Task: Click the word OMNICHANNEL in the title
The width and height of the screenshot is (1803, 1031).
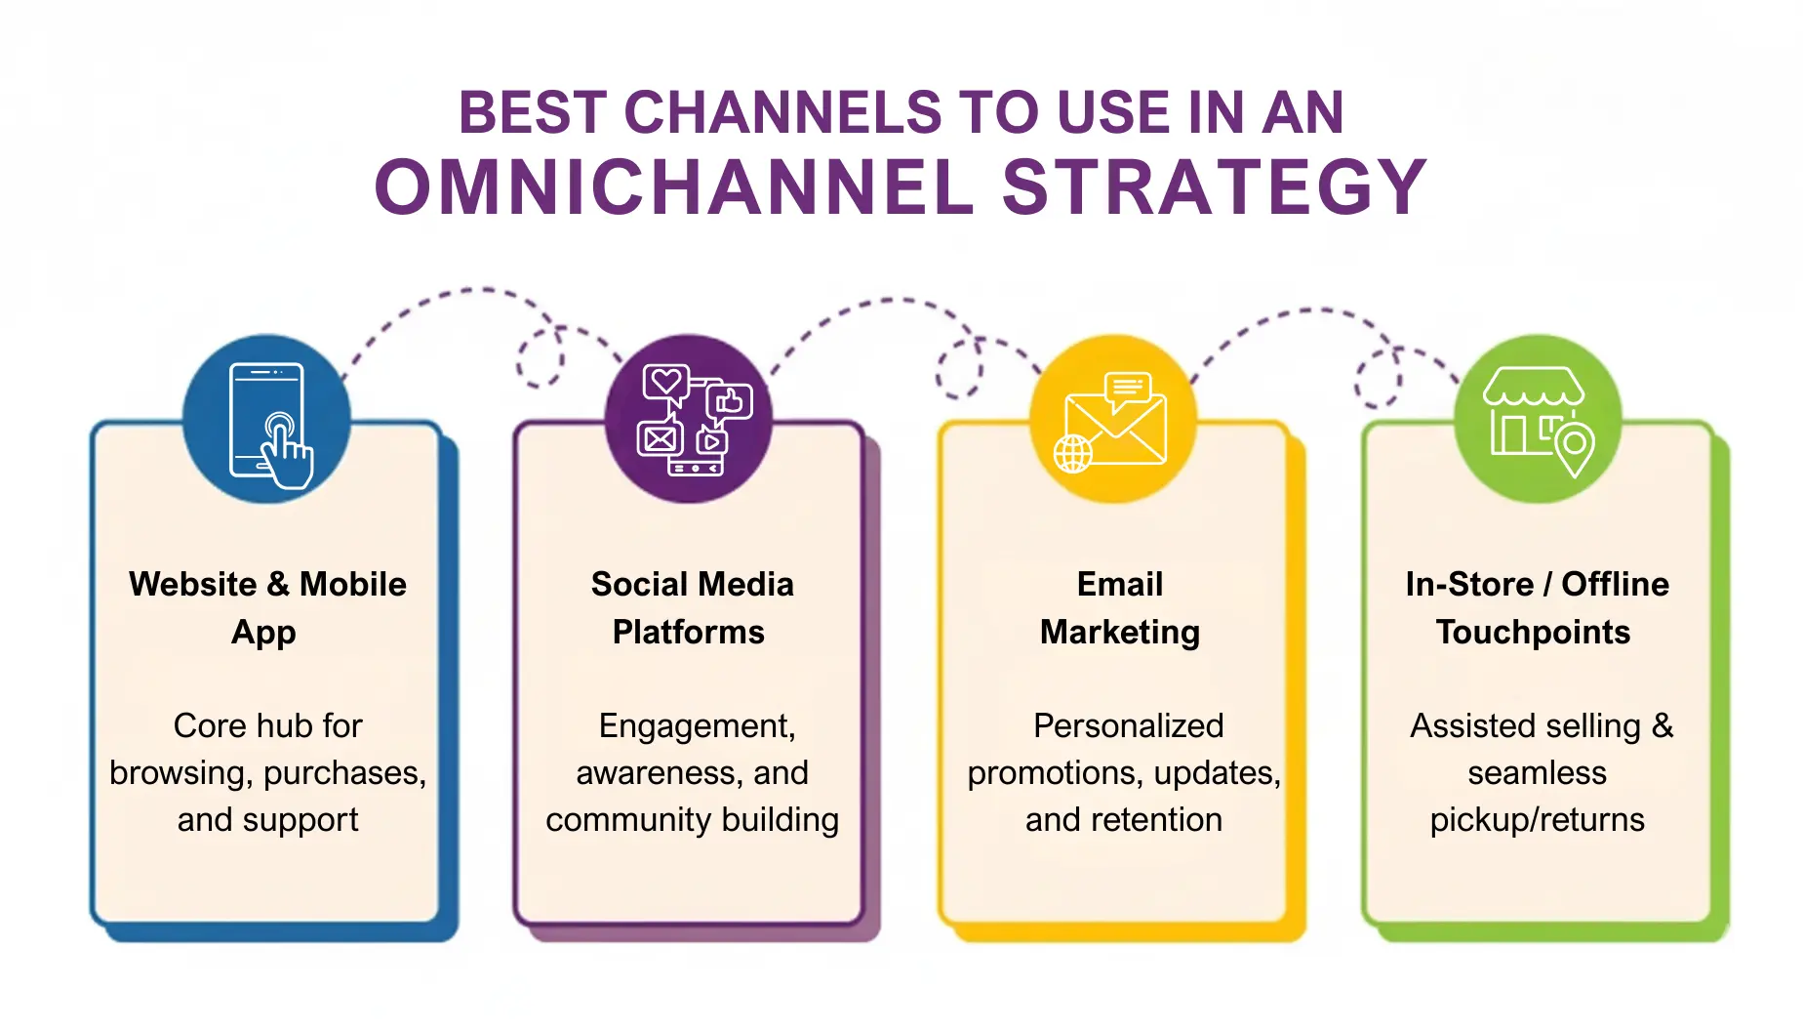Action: coord(675,187)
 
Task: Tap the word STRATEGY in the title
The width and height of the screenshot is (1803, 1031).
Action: coord(1215,187)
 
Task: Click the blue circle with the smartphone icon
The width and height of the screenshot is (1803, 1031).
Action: coord(267,420)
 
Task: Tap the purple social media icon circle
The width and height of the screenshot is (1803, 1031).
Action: coord(689,420)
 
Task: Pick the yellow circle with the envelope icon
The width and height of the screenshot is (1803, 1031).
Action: coord(1113,420)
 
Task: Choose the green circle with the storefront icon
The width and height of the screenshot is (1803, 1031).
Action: coord(1538,420)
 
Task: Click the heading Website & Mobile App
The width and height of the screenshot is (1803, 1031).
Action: coord(267,607)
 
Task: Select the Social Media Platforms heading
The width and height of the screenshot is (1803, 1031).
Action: coord(691,607)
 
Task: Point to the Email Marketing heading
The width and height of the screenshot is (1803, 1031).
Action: coord(1120,607)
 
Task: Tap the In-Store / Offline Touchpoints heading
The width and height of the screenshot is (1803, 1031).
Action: coord(1536,607)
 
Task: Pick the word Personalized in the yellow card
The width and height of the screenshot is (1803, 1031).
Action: coord(1128,725)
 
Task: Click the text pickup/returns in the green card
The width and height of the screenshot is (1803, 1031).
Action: coord(1537,820)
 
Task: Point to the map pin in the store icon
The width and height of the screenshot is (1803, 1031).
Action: coord(1574,446)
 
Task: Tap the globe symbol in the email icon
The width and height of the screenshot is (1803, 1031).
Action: coord(1073,454)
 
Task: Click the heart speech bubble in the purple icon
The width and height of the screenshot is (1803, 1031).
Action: coord(666,382)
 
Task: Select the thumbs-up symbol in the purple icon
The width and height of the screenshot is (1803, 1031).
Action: coord(730,401)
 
